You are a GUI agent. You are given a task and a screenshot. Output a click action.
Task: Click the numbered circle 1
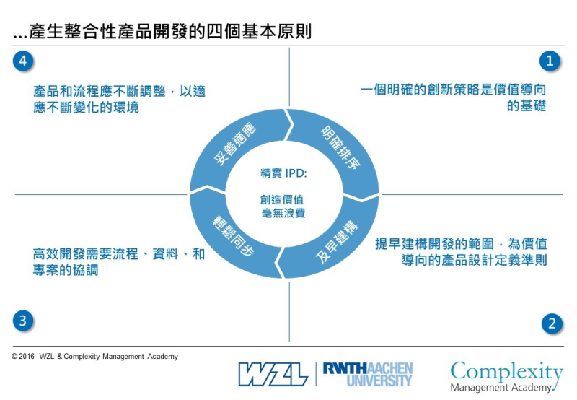pos(550,61)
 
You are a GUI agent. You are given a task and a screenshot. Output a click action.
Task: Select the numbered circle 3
pos(24,321)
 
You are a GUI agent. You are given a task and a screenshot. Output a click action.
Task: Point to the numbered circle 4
pos(24,61)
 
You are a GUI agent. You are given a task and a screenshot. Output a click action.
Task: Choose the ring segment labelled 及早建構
pos(332,245)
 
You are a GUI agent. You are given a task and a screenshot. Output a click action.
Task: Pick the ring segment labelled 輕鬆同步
pos(232,239)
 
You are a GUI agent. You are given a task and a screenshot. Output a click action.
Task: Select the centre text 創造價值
pos(283,199)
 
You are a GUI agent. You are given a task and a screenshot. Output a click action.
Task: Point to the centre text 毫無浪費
pos(283,213)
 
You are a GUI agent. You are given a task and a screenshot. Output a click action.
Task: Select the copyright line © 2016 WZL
pos(94,357)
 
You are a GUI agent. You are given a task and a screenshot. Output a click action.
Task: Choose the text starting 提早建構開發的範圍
pos(461,251)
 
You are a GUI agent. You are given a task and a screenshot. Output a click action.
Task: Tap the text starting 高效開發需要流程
pos(119,262)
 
